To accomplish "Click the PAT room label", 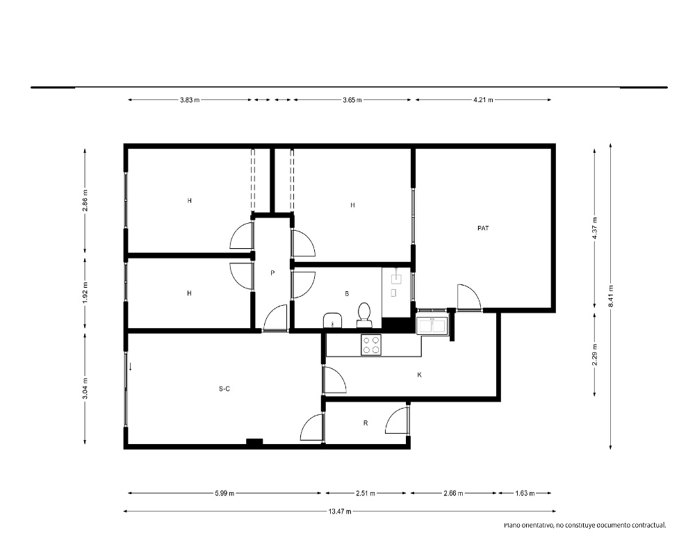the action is tap(483, 229).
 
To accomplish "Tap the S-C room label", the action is tap(224, 389).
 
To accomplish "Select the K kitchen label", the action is tap(419, 375).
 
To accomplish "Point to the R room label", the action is tap(366, 423).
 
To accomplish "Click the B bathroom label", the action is tap(347, 293).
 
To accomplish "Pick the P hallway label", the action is tap(272, 273).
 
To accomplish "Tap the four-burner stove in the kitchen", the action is tap(371, 345).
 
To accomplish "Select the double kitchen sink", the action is tap(432, 325).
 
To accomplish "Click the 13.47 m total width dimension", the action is tap(340, 512).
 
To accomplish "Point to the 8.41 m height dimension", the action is tap(611, 296).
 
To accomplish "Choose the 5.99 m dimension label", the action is tap(224, 493).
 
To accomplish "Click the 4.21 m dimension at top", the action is tap(483, 100).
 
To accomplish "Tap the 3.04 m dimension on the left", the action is tap(85, 389).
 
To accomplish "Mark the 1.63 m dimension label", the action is tap(525, 493).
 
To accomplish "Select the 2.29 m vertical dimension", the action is tap(595, 355).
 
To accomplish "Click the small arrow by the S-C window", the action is tap(131, 367).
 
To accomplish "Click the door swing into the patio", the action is tap(469, 296).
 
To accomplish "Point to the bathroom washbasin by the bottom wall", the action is tap(332, 320).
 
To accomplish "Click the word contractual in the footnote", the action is tap(649, 525).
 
